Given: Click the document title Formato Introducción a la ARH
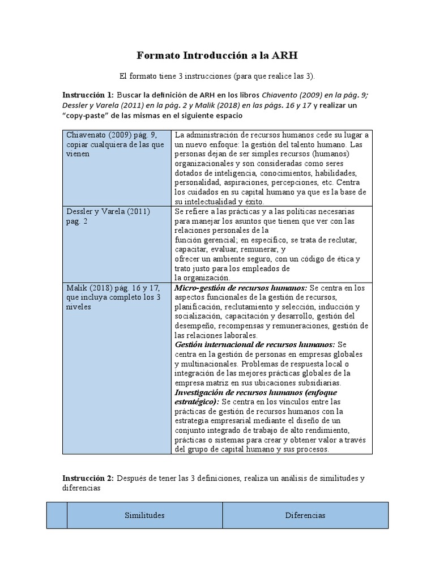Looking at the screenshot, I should (217, 56).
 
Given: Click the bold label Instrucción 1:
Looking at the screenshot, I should (87, 95).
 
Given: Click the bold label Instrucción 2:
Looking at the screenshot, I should (87, 478).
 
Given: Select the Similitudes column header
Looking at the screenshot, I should (144, 515).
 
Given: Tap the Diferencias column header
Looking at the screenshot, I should (305, 515).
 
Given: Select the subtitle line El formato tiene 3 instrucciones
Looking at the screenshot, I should (217, 75).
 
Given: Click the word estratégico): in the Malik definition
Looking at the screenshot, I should (197, 402).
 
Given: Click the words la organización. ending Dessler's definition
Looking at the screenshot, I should (202, 278).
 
